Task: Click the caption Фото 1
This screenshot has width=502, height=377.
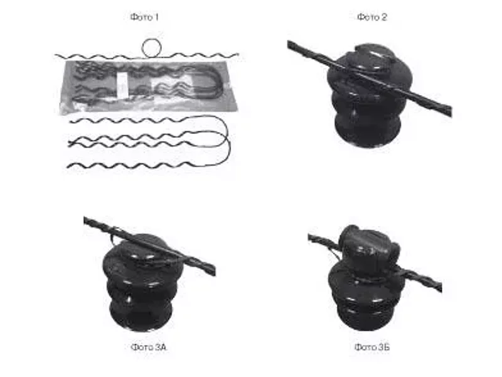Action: [144, 17]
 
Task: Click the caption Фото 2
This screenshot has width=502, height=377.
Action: [372, 17]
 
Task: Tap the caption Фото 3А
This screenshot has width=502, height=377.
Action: [149, 347]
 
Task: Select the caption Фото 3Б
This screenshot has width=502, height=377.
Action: [372, 347]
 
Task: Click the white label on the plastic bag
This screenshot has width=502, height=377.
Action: [122, 84]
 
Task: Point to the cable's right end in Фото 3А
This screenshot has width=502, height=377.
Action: [215, 271]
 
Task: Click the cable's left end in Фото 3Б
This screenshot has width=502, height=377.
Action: [309, 238]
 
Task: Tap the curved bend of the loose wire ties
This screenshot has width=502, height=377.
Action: [228, 141]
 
